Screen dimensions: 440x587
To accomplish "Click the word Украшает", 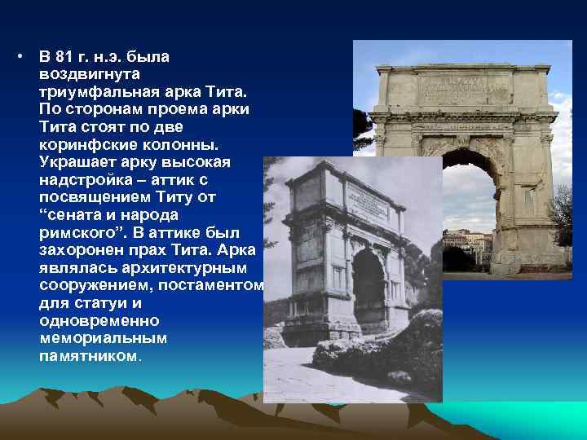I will tap(75, 162).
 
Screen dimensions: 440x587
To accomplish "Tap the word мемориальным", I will tap(103, 339).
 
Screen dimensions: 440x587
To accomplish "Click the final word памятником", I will tap(89, 356).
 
